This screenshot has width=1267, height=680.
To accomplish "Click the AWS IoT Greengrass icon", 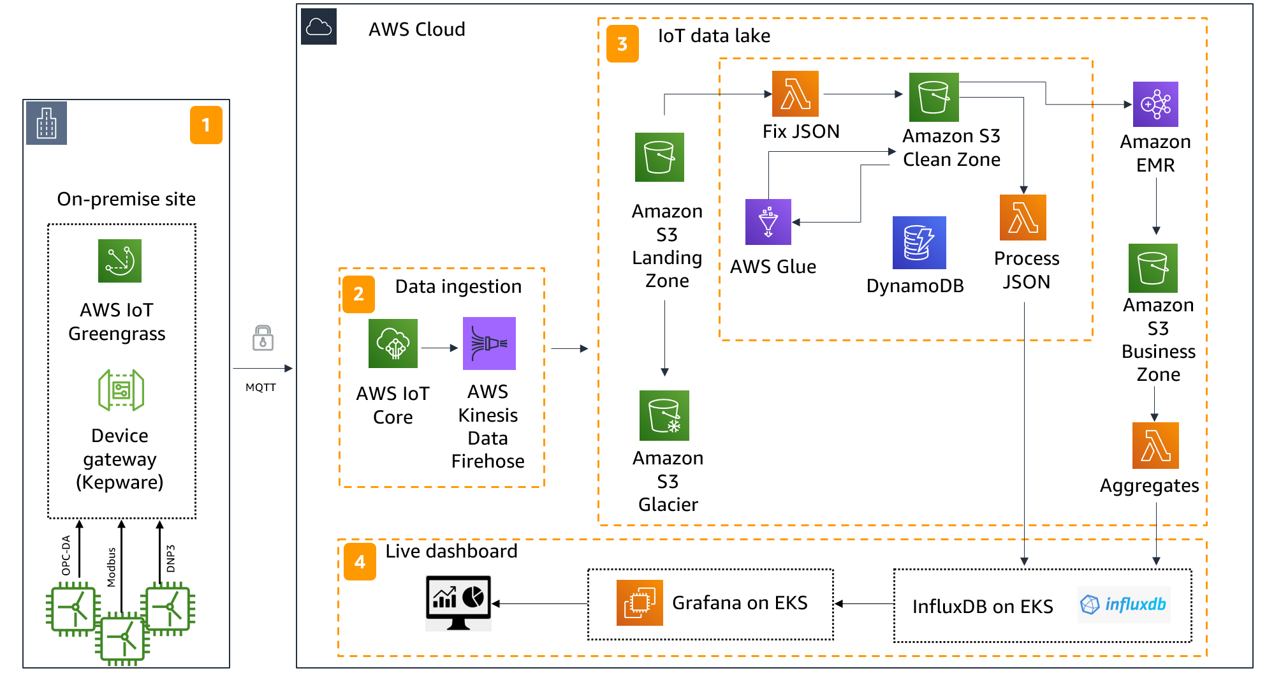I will click(x=120, y=261).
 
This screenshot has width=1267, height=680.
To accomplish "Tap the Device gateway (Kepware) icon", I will click(x=121, y=390).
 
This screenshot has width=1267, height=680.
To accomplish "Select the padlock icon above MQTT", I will click(x=263, y=337).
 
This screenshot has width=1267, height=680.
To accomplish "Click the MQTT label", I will click(x=261, y=387).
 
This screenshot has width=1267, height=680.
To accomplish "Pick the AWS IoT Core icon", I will click(x=393, y=344).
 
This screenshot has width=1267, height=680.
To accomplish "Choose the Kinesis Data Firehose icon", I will click(x=489, y=344).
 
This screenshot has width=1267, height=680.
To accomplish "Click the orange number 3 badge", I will click(x=622, y=43).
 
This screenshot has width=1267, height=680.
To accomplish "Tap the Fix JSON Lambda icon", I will click(x=795, y=94).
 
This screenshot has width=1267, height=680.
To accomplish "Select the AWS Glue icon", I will click(x=768, y=222).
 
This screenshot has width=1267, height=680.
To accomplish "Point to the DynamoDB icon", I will click(x=919, y=242).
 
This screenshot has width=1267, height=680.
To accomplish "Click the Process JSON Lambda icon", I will click(x=1023, y=218).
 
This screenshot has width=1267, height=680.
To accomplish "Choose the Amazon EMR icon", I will click(x=1155, y=104).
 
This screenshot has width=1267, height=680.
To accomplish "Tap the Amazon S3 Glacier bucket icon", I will click(x=664, y=415).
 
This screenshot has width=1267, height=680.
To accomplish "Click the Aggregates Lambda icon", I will click(x=1155, y=445).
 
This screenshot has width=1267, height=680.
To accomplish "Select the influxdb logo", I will click(x=1124, y=604).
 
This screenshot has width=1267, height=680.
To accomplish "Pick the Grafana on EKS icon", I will click(x=640, y=602).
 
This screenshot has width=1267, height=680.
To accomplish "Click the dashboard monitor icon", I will click(x=458, y=603).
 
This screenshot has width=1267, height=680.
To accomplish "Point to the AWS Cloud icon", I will click(x=319, y=27).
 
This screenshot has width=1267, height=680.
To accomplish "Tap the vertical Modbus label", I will click(x=112, y=567).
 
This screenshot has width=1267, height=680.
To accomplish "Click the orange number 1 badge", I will click(x=206, y=125).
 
